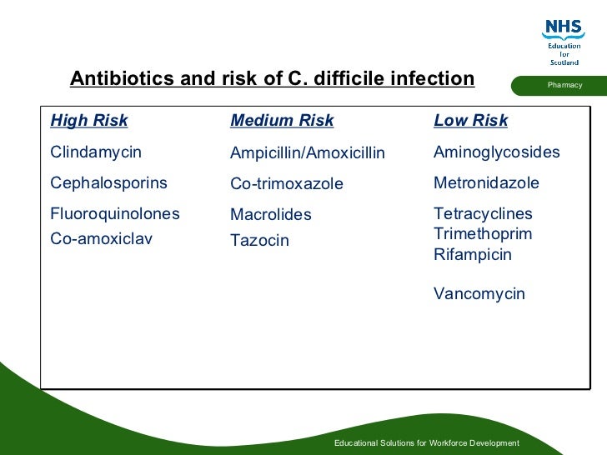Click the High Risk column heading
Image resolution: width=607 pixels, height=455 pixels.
89,121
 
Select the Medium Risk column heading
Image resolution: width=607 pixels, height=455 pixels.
282,121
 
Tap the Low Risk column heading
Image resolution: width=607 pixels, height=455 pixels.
470,121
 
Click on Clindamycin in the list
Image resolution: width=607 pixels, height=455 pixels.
96,152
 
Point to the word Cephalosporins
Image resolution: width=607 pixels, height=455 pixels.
108,183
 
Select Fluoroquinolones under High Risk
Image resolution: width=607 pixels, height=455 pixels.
115,214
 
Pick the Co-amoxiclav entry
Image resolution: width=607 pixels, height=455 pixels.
97,239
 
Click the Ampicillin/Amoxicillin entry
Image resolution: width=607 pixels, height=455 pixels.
307,153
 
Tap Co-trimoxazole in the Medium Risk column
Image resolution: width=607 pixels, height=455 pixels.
286,184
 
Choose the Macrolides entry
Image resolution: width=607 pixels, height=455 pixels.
270,215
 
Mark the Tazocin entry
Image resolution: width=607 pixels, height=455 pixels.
259,241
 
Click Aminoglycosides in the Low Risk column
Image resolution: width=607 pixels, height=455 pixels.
496,152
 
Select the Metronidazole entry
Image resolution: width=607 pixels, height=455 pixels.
486,183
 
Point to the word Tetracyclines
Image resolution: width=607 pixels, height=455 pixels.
483,214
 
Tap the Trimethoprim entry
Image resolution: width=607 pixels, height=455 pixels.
482,234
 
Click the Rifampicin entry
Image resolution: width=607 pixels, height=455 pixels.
472,255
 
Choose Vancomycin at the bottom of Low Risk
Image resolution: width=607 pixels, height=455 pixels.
479,294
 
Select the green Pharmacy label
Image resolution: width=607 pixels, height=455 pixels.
564,86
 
